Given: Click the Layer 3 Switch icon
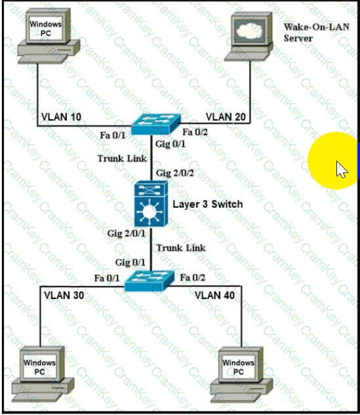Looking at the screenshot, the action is click(151, 203).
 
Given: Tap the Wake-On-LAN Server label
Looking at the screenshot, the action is click(316, 32).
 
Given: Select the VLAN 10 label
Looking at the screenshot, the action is click(61, 117).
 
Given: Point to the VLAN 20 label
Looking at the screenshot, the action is click(226, 117).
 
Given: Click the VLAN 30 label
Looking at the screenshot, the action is click(64, 295).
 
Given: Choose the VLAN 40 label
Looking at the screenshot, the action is click(214, 295).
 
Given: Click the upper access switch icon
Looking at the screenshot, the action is click(156, 124).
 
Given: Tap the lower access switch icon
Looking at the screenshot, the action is click(150, 281).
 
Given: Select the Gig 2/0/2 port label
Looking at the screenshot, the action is click(175, 173).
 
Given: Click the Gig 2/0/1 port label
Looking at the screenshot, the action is click(127, 233).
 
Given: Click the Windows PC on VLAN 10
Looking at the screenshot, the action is click(49, 36).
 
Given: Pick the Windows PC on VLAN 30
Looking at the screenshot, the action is click(43, 373).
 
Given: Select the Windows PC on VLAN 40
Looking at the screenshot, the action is click(241, 374).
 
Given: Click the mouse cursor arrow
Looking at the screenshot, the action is click(342, 169).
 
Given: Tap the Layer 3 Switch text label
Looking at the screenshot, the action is click(208, 204).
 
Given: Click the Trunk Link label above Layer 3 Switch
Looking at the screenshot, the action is click(122, 158).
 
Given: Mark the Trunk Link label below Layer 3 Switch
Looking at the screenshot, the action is click(181, 248).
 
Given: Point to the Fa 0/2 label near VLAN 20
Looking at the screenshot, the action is click(195, 132).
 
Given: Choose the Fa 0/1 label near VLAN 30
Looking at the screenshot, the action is click(107, 278).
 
